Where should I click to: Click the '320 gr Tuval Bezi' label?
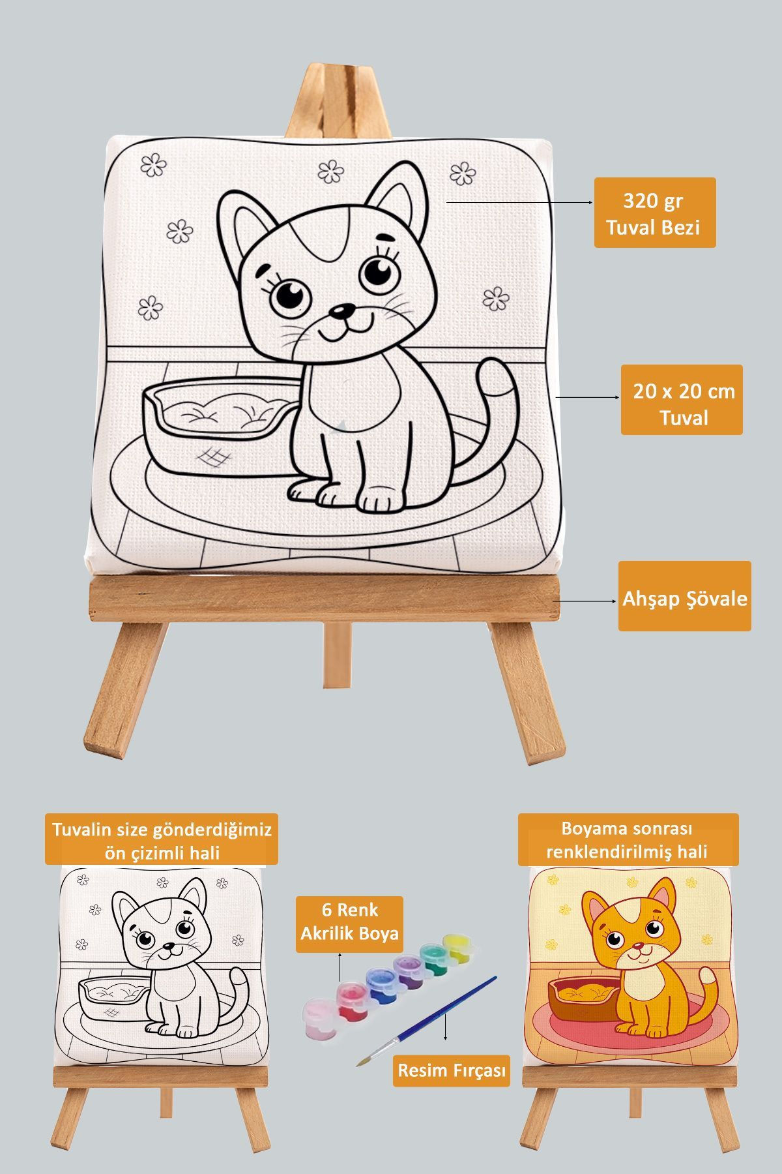(654, 213)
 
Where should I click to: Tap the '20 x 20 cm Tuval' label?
(681, 400)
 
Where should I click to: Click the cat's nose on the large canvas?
(339, 311)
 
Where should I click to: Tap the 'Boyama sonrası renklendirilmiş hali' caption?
(628, 839)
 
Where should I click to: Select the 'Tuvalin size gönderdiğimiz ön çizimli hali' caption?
(162, 839)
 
